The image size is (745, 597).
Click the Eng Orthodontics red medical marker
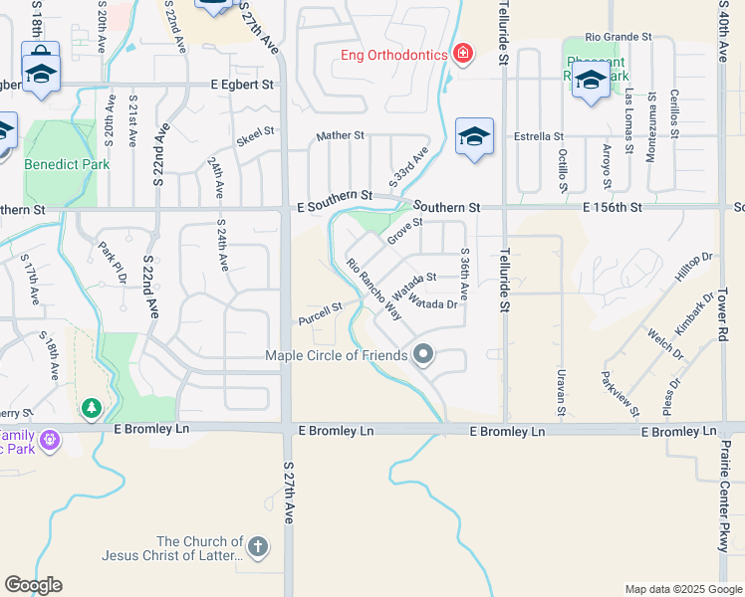point(462,54)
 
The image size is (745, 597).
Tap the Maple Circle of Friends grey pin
point(423,354)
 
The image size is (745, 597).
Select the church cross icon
point(257,545)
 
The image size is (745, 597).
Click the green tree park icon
point(92,407)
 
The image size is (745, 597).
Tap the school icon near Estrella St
point(474,137)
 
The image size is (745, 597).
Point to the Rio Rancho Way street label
point(373,289)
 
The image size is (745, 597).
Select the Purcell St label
point(320,313)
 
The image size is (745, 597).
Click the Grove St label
point(405,232)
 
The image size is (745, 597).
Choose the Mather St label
point(341,135)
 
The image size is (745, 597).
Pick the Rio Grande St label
point(618,37)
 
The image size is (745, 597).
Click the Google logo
point(33,585)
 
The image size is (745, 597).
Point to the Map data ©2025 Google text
point(683,589)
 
